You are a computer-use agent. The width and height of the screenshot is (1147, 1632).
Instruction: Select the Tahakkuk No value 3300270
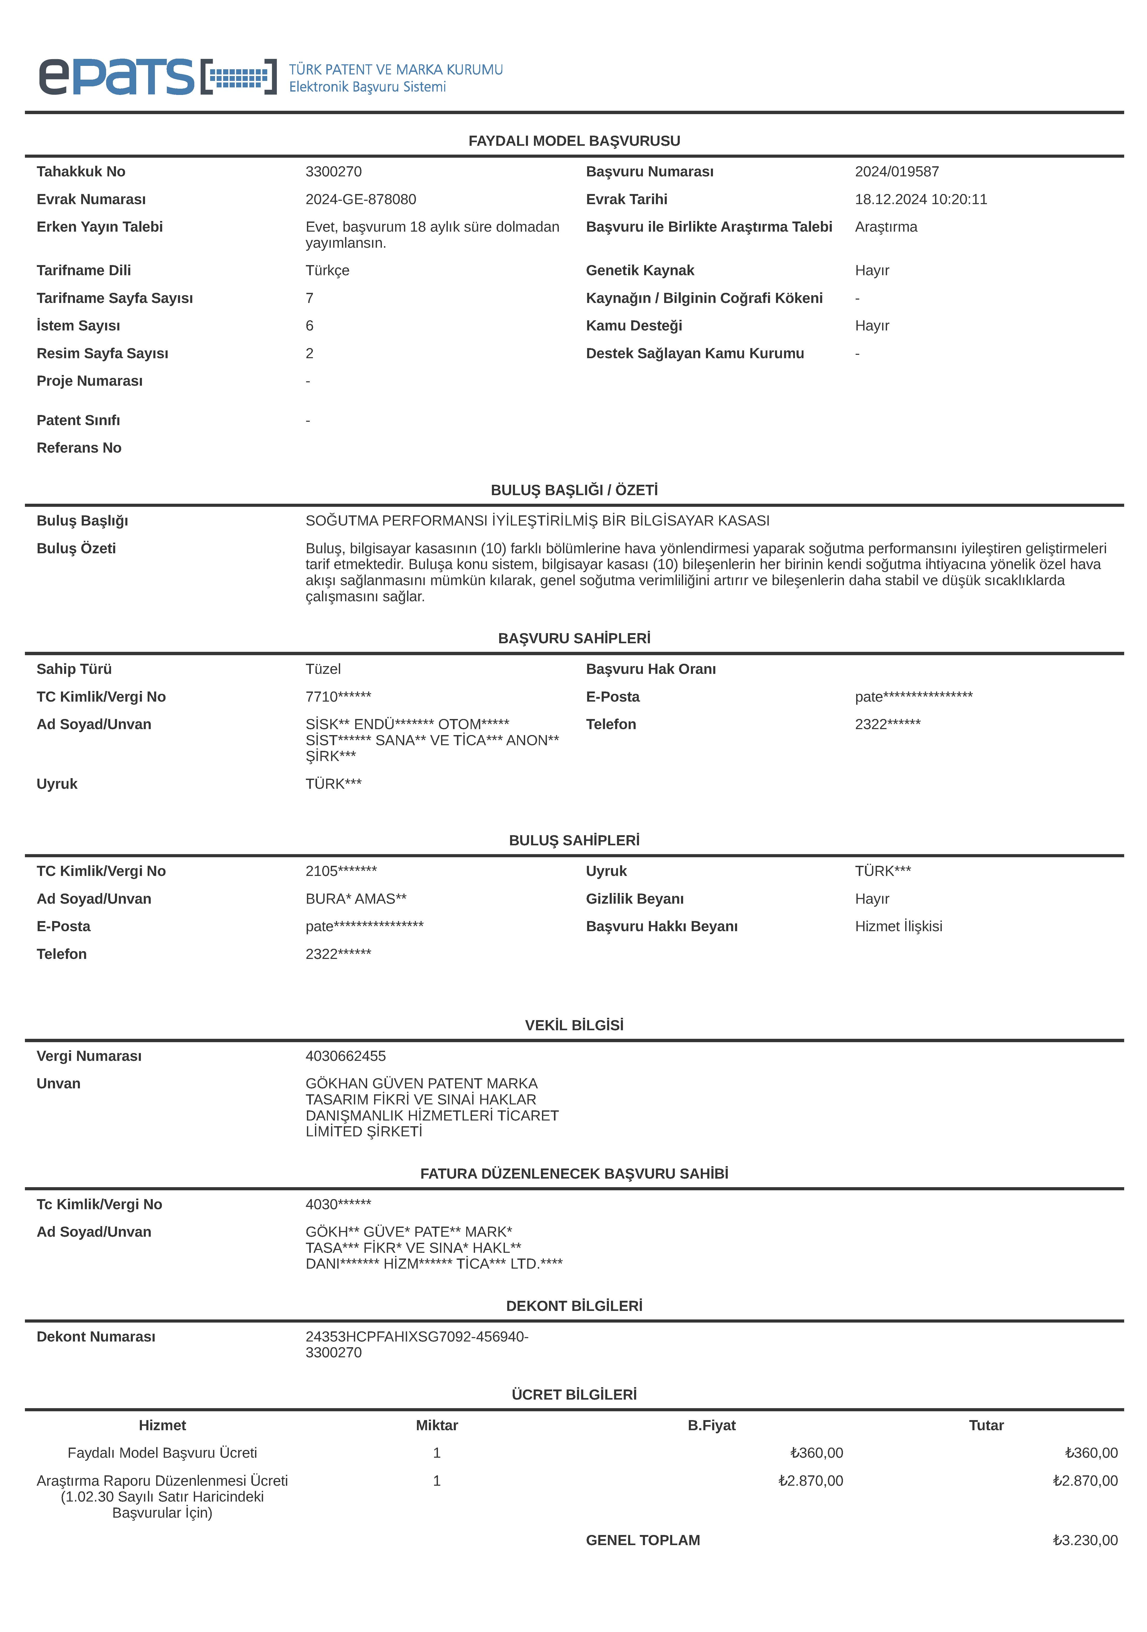pyautogui.click(x=333, y=171)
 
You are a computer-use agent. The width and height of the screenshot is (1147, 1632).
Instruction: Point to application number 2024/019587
pyautogui.click(x=897, y=171)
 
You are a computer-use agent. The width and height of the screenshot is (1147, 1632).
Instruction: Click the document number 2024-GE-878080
pyautogui.click(x=361, y=199)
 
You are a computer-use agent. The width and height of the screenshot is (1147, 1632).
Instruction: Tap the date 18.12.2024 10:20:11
pyautogui.click(x=921, y=199)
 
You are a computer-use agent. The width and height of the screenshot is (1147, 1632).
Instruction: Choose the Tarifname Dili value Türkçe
pyautogui.click(x=327, y=270)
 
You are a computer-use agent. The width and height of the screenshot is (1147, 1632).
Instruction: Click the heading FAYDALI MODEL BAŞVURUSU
pyautogui.click(x=574, y=141)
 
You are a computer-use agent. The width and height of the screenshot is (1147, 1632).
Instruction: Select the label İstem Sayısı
pyautogui.click(x=78, y=326)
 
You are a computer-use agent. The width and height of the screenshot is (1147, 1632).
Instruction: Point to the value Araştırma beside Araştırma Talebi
pyautogui.click(x=886, y=227)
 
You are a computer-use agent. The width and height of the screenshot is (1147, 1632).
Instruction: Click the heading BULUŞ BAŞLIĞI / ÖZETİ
pyautogui.click(x=574, y=490)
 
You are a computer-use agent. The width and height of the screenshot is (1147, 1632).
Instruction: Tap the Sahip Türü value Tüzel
pyautogui.click(x=323, y=669)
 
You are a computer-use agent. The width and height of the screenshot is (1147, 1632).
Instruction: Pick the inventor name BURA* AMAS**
pyautogui.click(x=355, y=898)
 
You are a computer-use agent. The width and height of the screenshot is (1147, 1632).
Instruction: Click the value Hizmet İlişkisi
pyautogui.click(x=898, y=926)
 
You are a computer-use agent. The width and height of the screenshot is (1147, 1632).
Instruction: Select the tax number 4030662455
pyautogui.click(x=346, y=1056)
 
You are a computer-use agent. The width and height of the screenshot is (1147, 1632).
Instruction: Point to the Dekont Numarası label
pyautogui.click(x=96, y=1336)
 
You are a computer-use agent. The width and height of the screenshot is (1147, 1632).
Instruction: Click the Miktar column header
pyautogui.click(x=437, y=1425)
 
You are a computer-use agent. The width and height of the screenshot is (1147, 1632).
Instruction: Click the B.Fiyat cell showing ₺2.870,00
pyautogui.click(x=811, y=1481)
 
